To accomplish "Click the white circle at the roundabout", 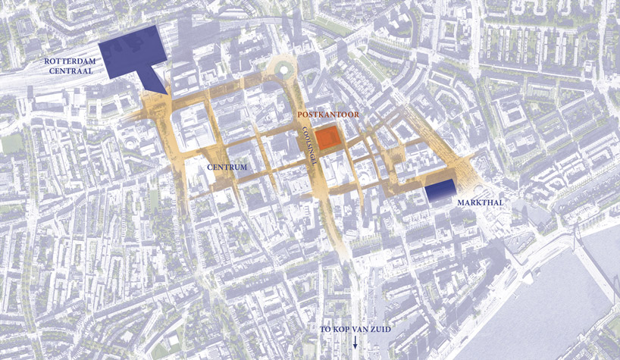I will (284, 70).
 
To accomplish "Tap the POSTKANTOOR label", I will (327, 114).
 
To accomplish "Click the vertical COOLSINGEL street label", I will (308, 142).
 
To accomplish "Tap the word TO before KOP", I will (325, 331).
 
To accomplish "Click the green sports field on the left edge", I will (11, 143).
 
